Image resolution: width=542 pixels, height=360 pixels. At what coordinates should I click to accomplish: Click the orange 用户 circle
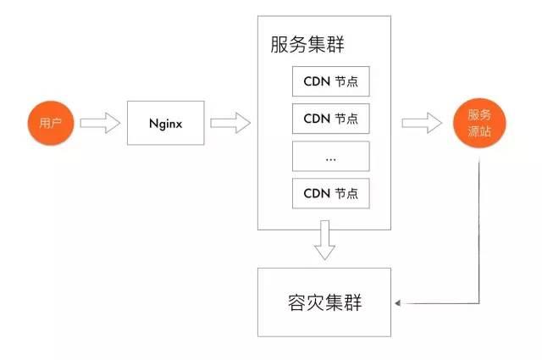(51, 123)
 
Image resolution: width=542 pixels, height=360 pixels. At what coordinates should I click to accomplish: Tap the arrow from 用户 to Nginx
(100, 123)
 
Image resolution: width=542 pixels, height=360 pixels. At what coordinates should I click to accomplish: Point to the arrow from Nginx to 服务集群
(230, 123)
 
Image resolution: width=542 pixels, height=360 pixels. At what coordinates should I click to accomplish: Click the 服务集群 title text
(307, 44)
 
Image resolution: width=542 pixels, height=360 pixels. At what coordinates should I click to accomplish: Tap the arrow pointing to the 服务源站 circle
(422, 123)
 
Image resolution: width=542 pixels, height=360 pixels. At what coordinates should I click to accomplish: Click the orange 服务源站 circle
(479, 123)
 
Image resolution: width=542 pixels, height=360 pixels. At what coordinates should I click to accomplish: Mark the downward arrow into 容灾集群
(324, 240)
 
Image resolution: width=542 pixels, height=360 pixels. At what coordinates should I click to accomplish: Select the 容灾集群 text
(324, 302)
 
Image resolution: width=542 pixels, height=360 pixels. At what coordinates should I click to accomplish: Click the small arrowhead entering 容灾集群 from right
(397, 303)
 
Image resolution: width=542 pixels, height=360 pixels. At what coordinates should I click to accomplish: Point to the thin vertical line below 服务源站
(479, 231)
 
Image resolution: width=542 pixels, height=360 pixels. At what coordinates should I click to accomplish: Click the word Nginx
(166, 124)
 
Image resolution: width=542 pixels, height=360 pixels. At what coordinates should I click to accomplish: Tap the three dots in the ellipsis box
(331, 160)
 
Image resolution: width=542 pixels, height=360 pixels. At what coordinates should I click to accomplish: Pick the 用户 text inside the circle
(51, 123)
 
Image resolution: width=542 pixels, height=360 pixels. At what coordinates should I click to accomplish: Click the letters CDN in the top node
(317, 81)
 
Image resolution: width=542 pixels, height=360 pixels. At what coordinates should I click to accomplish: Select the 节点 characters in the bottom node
(346, 193)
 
